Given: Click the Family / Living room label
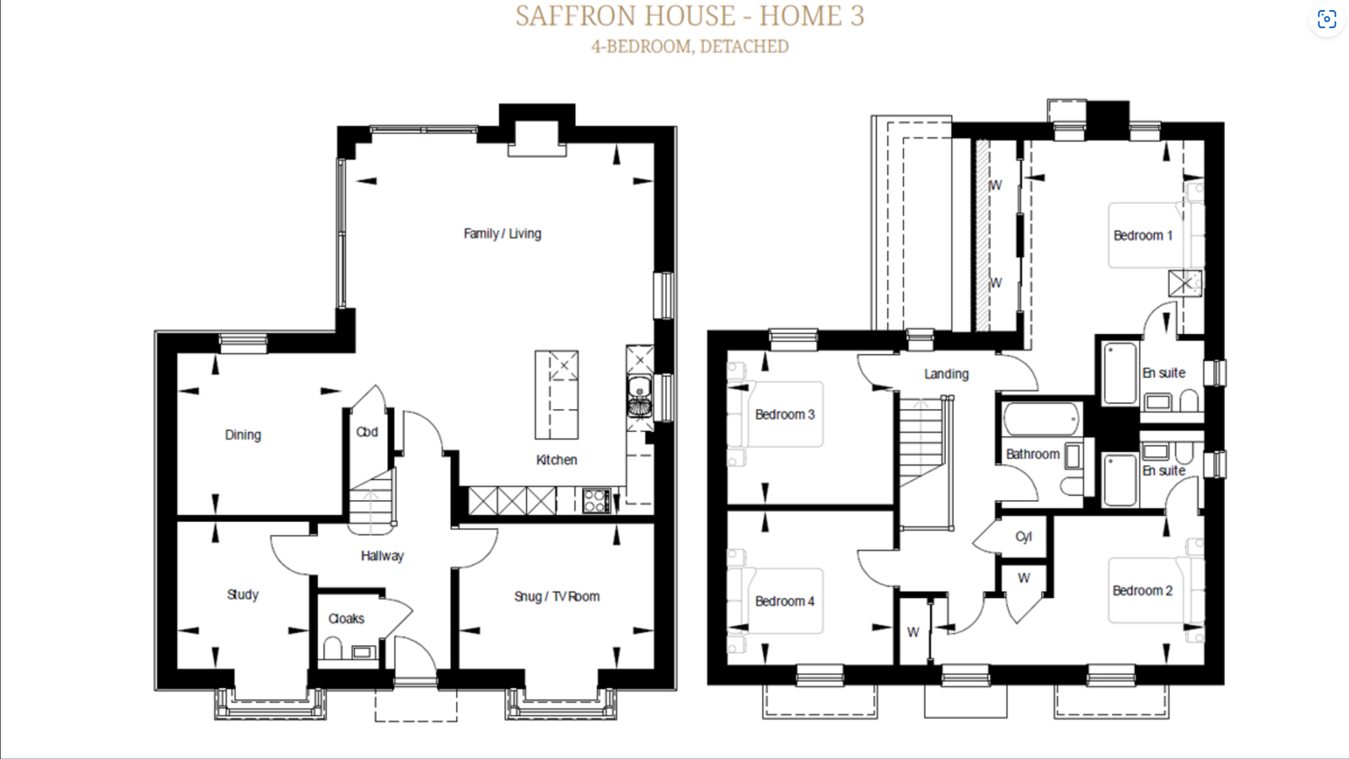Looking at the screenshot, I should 503,234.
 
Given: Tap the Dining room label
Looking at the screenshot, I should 243,435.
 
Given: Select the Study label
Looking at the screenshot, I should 243,595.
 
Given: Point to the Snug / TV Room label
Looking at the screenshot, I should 556,596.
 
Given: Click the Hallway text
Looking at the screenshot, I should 382,556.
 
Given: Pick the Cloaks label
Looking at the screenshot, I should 347,619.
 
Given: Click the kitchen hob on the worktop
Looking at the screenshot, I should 596,501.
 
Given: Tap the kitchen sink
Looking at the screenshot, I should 639,396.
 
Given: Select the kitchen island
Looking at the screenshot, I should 556,395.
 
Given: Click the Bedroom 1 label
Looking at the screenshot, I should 1142,235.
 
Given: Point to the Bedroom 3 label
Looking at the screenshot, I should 785,415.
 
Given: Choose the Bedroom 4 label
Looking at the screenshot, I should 785,601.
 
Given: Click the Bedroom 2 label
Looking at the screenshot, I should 1142,591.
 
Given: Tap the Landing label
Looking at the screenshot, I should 946,374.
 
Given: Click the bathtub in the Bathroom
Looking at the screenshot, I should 1042,419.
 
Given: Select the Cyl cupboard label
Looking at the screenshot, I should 1024,537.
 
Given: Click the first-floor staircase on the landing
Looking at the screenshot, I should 924,442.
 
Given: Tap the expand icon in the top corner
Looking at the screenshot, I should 1326,19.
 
